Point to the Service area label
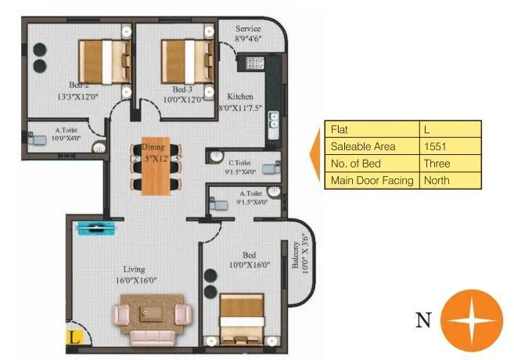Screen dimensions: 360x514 click(249, 30)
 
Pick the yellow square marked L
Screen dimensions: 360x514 click(74, 337)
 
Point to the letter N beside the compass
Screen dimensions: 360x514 click(422, 320)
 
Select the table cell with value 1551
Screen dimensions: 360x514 click(451, 146)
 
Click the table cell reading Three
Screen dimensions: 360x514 click(451, 164)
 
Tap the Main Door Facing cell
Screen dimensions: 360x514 click(372, 181)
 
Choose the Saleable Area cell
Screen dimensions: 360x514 click(372, 146)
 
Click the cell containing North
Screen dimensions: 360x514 click(451, 181)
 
